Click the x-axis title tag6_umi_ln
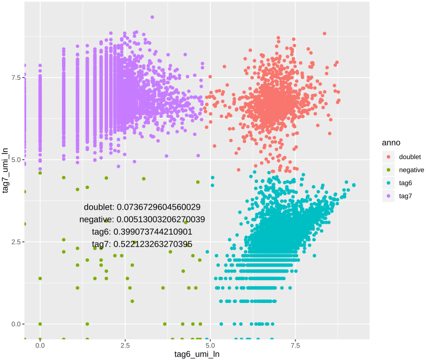pos(197,354)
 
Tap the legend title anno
pos(391,142)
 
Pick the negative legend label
pos(412,170)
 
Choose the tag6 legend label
pos(406,183)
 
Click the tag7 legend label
pos(406,196)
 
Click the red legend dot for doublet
pos(389,157)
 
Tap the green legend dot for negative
pos(389,170)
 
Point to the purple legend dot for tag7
pos(389,196)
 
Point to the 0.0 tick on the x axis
pos(40,345)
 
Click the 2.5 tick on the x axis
pos(125,345)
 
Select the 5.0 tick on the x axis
pos(210,345)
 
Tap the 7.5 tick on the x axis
pos(296,345)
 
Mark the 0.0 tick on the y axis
pos(15,324)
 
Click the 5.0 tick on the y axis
pos(15,160)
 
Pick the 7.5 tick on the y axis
pos(15,78)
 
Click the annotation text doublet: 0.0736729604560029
pos(142,207)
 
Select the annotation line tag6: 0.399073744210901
pos(142,232)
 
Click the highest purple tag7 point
pos(152,17)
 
